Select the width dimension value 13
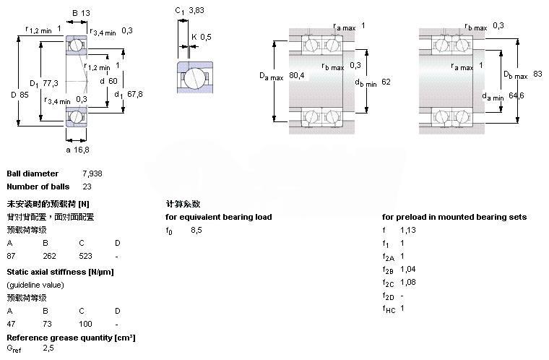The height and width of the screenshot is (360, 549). (87, 13)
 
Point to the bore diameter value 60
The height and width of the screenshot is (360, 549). (113, 80)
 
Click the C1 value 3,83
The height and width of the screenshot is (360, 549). (196, 11)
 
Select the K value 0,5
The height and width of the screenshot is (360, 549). (206, 37)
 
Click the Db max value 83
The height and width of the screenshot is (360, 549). (537, 74)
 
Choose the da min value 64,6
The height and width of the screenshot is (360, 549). (516, 95)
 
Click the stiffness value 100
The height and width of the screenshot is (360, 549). (85, 323)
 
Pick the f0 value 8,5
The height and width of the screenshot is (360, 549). (196, 230)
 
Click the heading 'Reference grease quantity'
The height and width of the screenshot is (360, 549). (71, 338)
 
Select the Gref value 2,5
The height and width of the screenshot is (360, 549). (48, 349)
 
